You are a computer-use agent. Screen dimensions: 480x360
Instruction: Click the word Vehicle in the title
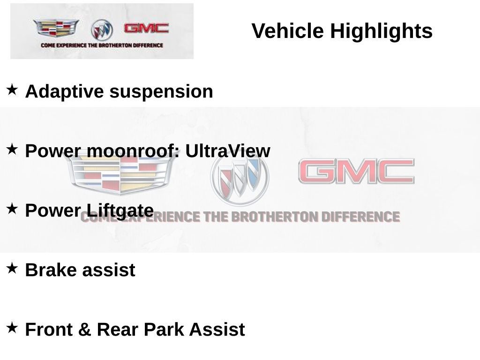pos(287,30)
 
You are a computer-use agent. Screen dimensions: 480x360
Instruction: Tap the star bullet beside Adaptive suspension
pos(12,90)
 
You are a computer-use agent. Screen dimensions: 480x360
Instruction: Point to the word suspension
pos(161,91)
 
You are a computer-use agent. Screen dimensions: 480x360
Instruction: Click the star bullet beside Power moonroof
pos(12,149)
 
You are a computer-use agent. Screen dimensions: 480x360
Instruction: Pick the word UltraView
pos(228,150)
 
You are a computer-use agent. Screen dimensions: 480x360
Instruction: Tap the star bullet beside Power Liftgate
pos(12,209)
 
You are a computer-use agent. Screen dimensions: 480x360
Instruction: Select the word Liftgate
pos(120,211)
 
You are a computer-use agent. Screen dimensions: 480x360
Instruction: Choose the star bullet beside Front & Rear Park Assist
pos(12,328)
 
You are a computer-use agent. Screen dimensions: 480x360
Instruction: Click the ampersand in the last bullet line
pos(84,330)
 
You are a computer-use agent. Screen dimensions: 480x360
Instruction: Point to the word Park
pos(164,330)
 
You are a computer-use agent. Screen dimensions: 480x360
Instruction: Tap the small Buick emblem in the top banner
pos(102,30)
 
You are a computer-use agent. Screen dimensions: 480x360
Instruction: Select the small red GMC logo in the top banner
pos(146,28)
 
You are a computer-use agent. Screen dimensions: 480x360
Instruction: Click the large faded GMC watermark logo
pos(356,171)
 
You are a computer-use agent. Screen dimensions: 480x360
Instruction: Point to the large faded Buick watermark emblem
pos(240,178)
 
